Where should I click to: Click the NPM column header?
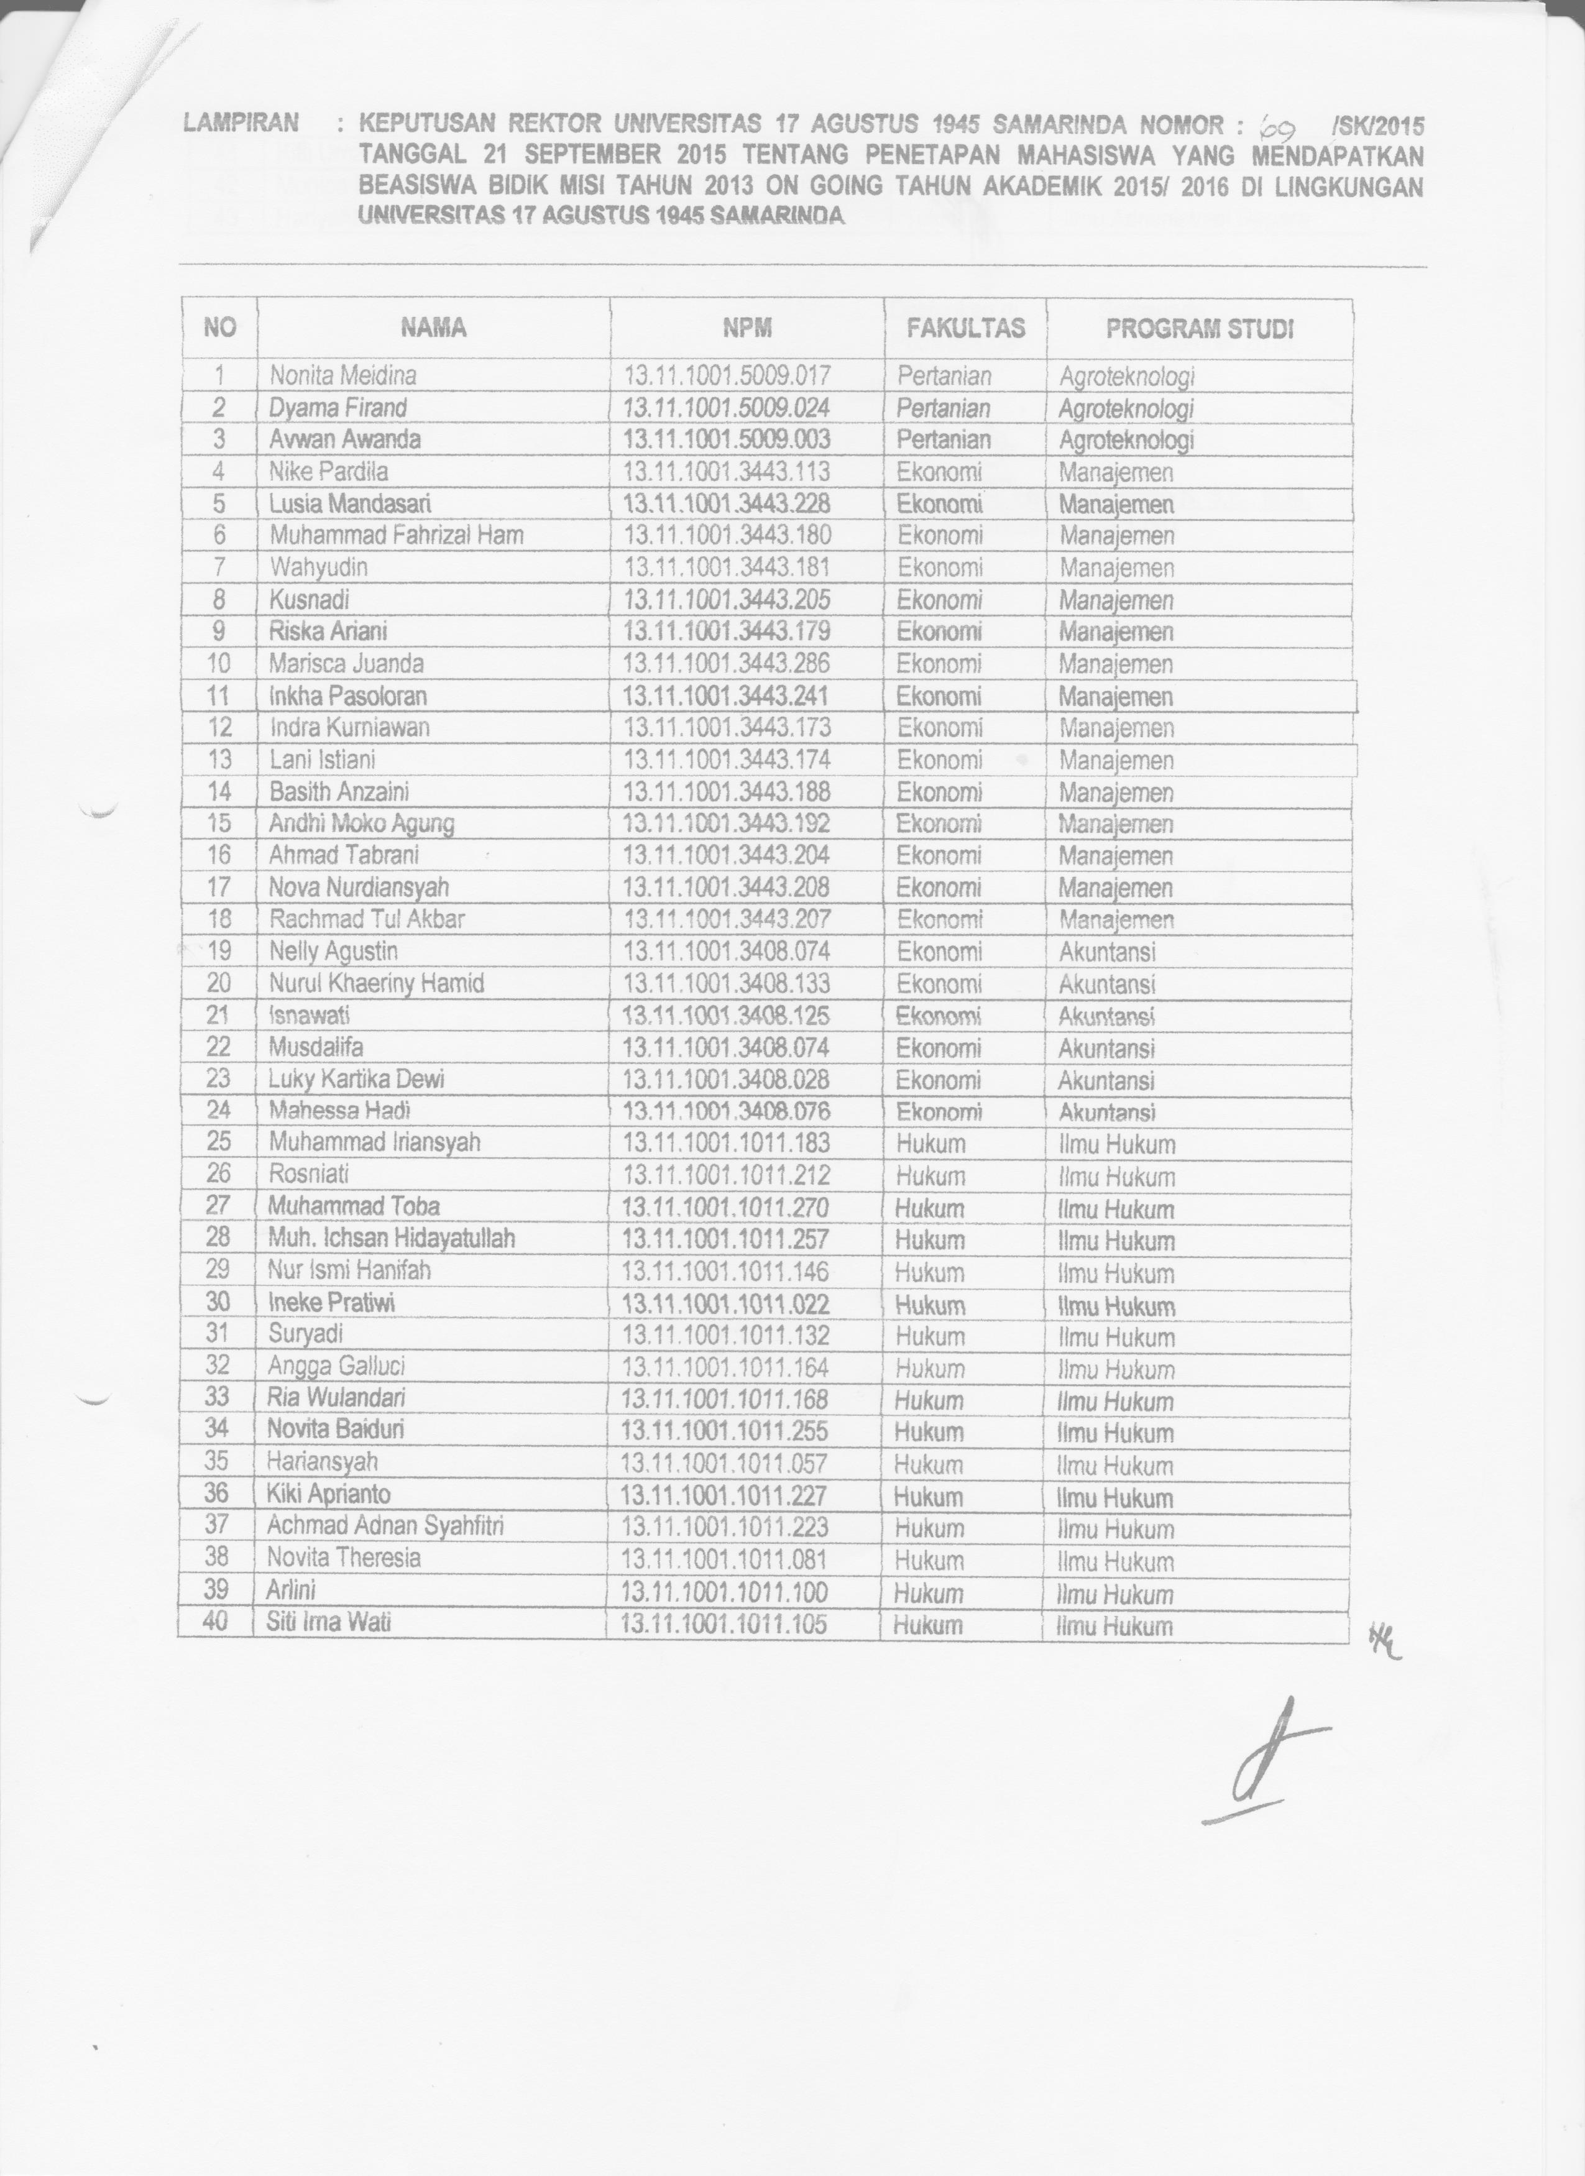point(747,328)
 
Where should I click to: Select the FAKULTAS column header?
point(965,328)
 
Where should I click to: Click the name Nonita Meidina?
point(342,375)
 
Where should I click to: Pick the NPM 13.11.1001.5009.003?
point(726,439)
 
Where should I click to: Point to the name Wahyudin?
point(318,567)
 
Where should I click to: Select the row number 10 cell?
point(219,663)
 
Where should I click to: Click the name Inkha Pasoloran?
point(347,695)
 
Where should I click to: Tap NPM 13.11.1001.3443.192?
point(726,823)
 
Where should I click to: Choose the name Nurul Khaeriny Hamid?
point(376,983)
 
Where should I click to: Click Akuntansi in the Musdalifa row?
point(1106,1049)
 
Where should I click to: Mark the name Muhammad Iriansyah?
point(374,1142)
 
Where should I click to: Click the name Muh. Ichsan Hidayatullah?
point(392,1239)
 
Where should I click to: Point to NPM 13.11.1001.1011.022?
point(725,1304)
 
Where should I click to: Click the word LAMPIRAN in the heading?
point(241,123)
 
